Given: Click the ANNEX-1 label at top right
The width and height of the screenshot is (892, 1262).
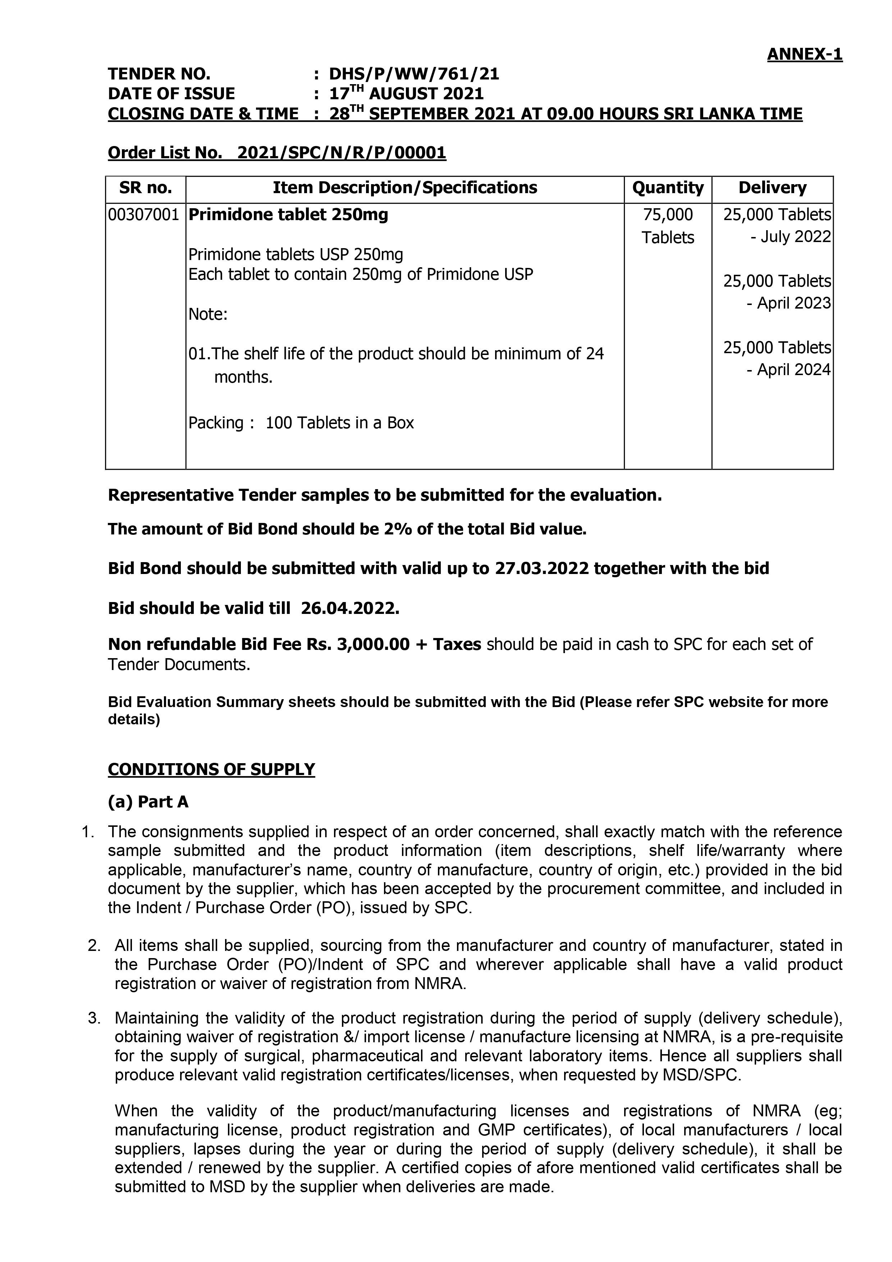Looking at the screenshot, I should point(804,54).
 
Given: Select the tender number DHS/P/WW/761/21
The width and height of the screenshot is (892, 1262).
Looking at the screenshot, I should point(414,74).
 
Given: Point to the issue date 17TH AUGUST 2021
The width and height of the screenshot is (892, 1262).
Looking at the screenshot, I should point(406,94).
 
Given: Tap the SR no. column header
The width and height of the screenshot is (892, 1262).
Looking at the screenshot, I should point(145,188).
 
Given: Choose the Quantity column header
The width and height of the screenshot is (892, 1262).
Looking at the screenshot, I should point(667,188).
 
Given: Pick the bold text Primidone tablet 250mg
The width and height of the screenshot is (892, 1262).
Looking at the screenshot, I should point(288,214).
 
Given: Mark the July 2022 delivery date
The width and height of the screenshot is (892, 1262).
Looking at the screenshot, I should point(795,237).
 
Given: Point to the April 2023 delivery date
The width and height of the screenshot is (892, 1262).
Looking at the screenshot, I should point(793,304).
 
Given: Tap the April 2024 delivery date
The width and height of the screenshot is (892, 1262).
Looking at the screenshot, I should point(793,370).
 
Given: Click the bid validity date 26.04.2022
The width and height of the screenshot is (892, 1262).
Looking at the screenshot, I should point(349,609).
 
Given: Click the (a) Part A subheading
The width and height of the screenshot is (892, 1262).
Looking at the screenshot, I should point(148,802).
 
